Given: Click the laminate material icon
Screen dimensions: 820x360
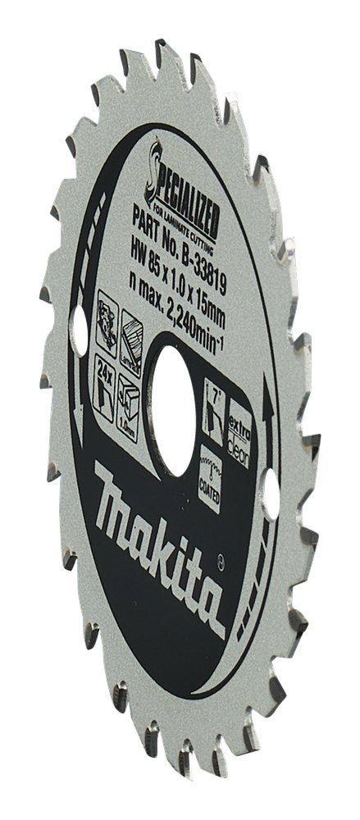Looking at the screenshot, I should [130, 337].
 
